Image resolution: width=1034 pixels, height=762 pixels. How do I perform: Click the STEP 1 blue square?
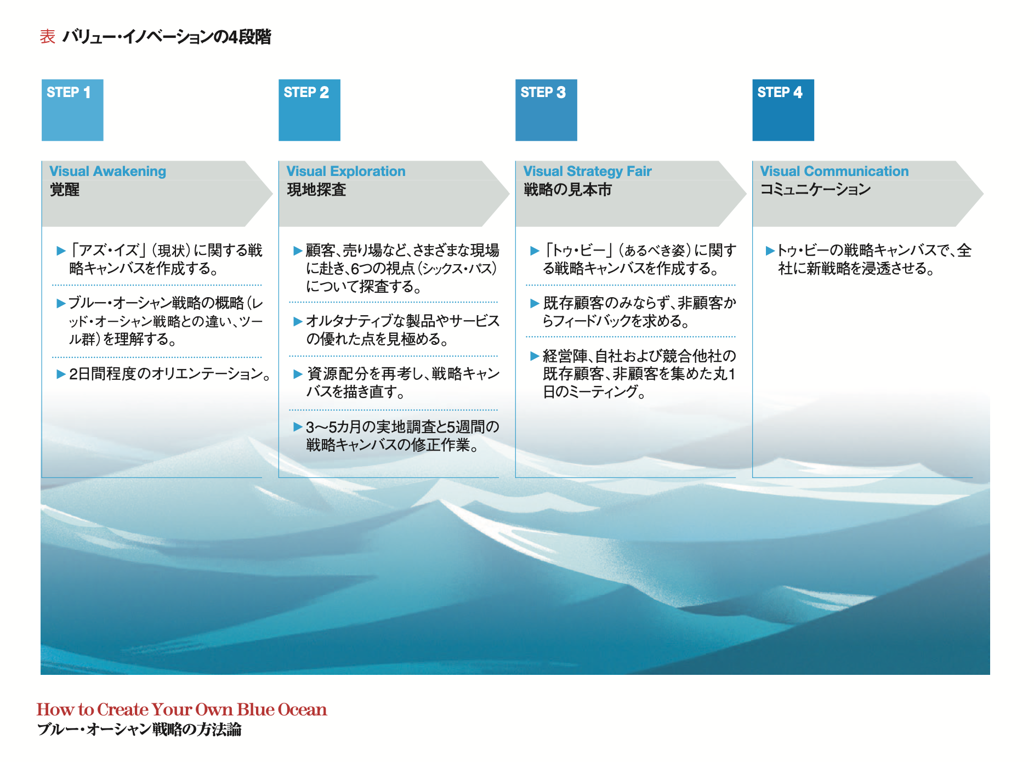click(x=72, y=110)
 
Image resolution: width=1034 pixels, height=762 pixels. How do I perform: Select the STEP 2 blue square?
click(x=309, y=110)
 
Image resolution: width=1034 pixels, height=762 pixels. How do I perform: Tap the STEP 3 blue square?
click(x=546, y=110)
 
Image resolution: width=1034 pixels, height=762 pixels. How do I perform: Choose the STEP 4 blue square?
click(x=783, y=110)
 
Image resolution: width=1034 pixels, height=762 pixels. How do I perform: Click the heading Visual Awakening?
click(x=107, y=172)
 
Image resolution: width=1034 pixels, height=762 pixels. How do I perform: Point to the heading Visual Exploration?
click(x=346, y=172)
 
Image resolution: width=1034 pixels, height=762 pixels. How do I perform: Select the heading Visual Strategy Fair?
click(x=587, y=172)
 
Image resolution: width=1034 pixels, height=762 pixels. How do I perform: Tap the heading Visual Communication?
click(x=834, y=172)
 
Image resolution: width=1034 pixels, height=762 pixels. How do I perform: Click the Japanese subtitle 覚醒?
click(x=65, y=190)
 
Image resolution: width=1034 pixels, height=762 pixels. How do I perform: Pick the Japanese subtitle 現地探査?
click(x=316, y=190)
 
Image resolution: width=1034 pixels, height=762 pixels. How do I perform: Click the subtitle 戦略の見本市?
click(x=567, y=190)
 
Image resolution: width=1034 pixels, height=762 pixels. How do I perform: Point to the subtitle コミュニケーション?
click(x=815, y=190)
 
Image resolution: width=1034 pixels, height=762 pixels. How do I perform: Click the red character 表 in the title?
click(x=48, y=37)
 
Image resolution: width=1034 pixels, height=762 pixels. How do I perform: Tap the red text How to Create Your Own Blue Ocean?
click(x=181, y=709)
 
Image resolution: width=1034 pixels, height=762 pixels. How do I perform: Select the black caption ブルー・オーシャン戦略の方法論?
click(x=139, y=730)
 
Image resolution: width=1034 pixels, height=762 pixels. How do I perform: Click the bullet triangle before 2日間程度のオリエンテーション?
click(x=61, y=374)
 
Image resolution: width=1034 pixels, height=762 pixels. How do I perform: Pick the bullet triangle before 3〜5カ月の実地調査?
click(x=298, y=427)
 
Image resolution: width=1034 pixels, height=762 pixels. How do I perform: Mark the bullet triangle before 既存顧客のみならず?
click(x=535, y=303)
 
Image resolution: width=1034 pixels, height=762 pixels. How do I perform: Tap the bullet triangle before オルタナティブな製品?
click(x=298, y=321)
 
